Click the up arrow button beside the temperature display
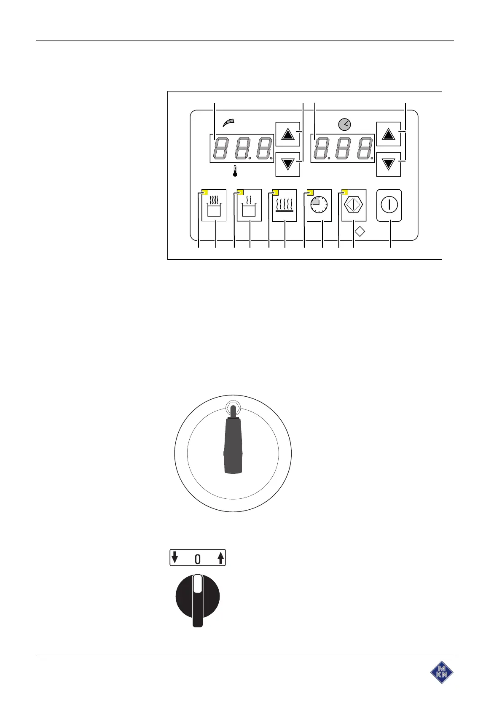pos(287,134)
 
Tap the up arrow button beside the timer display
pos(388,134)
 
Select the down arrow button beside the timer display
pos(388,164)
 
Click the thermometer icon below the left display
pos(235,171)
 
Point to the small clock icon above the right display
pos(344,124)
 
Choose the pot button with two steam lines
pos(250,205)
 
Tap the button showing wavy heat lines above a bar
pos(285,205)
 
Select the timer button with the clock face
pos(319,205)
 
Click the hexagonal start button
pos(354,205)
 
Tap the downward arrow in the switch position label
pos(175,557)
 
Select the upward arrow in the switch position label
pos(220,557)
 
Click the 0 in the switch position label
pos(197,559)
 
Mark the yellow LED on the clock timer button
pos(310,193)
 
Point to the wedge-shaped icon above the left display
pos(228,123)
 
